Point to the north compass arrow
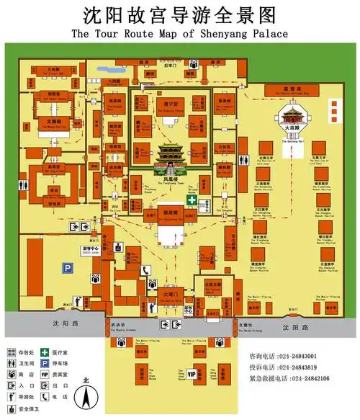[x=86, y=396]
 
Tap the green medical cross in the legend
[x=44, y=352]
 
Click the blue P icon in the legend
[x=44, y=364]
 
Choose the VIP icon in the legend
[x=44, y=375]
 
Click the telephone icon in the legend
[x=44, y=398]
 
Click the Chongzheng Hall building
[x=170, y=215]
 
